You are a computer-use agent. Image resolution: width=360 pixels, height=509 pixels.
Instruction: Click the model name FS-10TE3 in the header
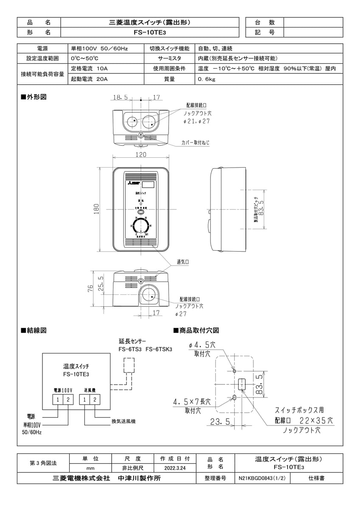(x=150, y=32)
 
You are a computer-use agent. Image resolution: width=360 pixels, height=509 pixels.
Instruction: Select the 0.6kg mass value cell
(x=206, y=79)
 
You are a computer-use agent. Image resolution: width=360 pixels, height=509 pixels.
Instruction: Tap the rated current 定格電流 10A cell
(x=89, y=68)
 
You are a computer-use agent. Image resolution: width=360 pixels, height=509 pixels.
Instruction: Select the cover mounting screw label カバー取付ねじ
(x=195, y=143)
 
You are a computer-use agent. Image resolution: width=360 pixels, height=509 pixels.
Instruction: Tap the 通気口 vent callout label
(x=183, y=262)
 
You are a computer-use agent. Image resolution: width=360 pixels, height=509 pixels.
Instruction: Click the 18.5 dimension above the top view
(x=121, y=98)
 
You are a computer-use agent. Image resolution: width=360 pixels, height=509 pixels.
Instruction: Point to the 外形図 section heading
(x=34, y=97)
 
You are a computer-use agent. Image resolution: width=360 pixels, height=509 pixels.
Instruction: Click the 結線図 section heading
(x=34, y=330)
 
